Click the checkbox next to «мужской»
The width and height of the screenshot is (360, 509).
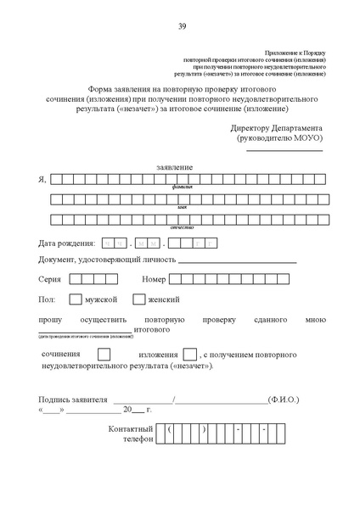pyautogui.click(x=75, y=299)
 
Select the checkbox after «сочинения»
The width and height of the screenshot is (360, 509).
pyautogui.click(x=104, y=355)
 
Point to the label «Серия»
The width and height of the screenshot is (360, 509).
pyautogui.click(x=49, y=279)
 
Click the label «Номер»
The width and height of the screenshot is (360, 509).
pyautogui.click(x=154, y=279)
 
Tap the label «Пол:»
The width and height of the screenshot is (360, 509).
pyautogui.click(x=47, y=300)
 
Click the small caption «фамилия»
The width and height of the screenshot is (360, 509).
pyautogui.click(x=182, y=187)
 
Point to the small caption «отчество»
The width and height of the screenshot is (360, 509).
pyautogui.click(x=183, y=227)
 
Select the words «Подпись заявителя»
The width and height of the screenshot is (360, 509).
pyautogui.click(x=74, y=398)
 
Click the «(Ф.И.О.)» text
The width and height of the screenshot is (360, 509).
pyautogui.click(x=284, y=398)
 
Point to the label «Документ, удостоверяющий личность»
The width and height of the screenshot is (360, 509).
pyautogui.click(x=107, y=260)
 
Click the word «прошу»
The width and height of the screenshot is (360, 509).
pyautogui.click(x=50, y=320)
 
